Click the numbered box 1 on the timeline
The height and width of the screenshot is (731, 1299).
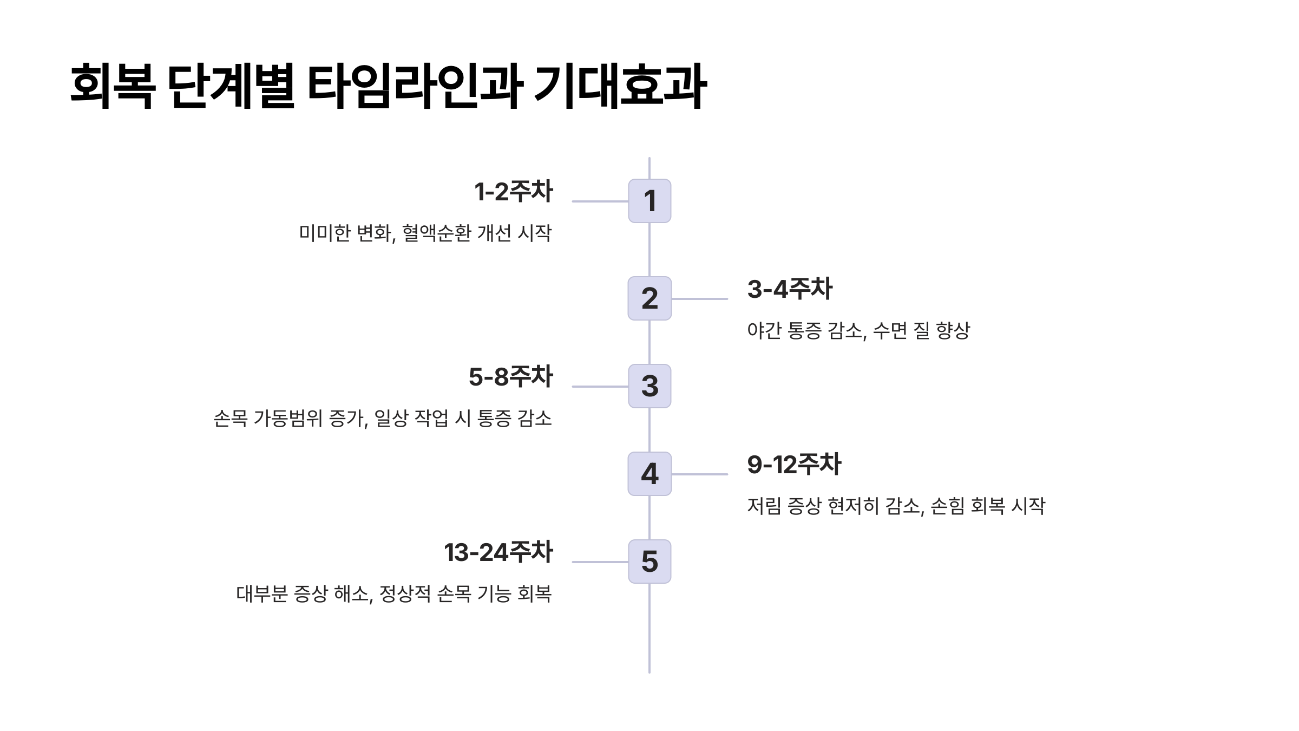point(649,201)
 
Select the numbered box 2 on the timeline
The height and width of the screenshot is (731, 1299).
point(649,298)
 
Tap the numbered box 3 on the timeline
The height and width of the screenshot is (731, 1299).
point(649,386)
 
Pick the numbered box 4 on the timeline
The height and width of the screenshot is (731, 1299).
point(649,474)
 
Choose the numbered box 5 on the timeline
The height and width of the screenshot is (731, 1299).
point(649,562)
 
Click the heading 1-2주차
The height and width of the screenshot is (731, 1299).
point(514,192)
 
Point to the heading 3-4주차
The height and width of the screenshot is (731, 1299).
point(790,289)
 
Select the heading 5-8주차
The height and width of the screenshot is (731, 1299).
point(510,377)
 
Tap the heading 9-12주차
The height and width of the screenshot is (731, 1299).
point(794,465)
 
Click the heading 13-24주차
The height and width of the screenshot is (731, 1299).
point(498,552)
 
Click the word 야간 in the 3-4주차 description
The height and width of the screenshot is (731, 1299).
point(764,330)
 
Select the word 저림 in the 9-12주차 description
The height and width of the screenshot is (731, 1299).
point(764,506)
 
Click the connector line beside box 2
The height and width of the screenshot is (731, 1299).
point(699,298)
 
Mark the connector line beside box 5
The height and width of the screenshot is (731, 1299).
point(600,562)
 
